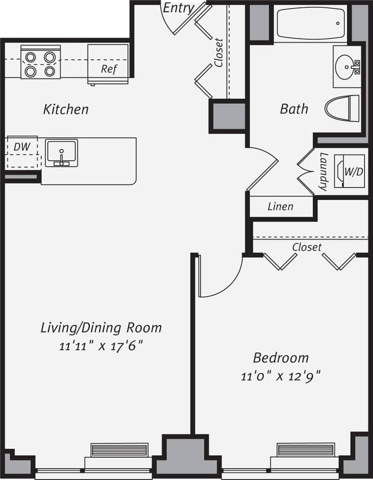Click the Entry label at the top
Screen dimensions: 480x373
178,8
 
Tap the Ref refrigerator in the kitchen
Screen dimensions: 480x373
108,64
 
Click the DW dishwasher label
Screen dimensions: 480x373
22,147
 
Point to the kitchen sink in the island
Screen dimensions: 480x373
61,153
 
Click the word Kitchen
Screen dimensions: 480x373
66,109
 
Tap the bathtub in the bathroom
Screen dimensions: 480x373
310,23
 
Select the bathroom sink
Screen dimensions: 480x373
348,66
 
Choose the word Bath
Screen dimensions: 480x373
294,108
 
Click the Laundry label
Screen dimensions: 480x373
323,172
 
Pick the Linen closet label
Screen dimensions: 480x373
280,206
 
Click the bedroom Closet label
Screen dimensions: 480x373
307,247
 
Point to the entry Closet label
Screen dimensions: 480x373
218,53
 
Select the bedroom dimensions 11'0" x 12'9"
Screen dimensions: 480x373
281,376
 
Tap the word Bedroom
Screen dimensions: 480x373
281,358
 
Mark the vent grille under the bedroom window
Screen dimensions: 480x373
306,450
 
